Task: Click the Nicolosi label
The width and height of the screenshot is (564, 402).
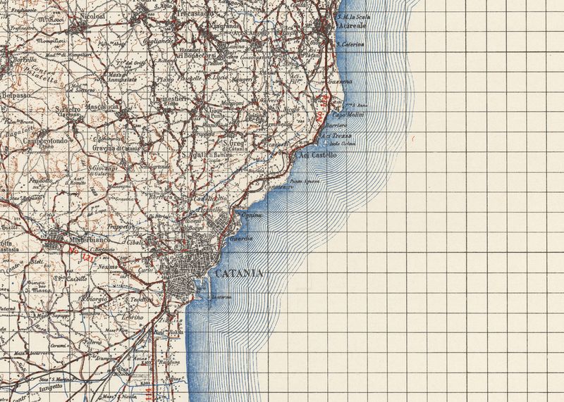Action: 92,14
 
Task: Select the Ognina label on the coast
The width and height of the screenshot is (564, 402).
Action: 252,214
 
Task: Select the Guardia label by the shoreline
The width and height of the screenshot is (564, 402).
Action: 243,239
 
